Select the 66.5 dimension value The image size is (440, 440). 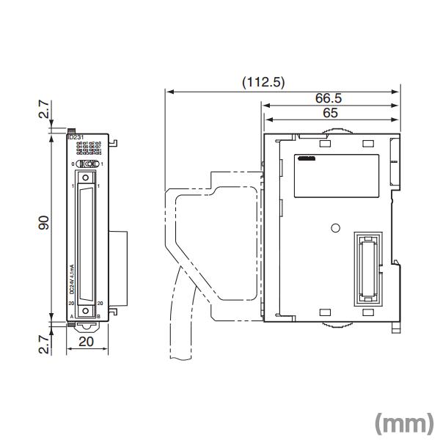pos(328,98)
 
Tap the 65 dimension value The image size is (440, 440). pos(328,113)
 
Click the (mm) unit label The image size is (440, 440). pos(402,423)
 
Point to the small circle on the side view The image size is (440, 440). pos(335,227)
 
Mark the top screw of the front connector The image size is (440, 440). pos(87,177)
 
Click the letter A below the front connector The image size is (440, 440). pos(71,317)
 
